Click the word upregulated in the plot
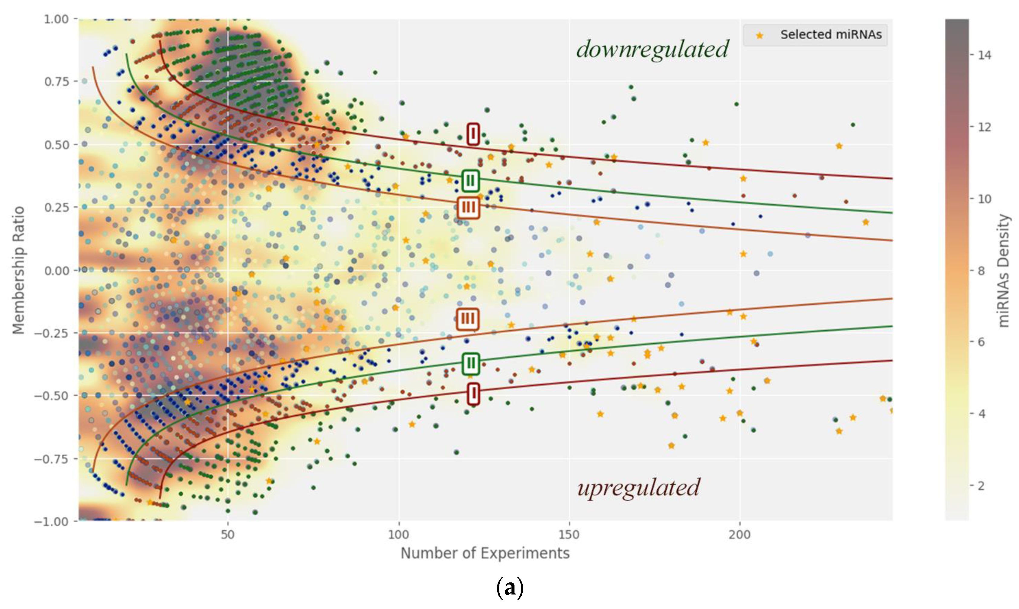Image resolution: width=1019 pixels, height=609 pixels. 638,488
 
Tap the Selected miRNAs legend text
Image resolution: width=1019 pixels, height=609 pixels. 831,35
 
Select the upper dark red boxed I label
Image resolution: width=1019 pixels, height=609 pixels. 473,134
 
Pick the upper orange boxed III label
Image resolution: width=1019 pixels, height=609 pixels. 468,208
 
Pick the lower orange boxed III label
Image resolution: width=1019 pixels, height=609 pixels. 468,319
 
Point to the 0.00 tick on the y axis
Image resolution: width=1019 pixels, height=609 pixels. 56,271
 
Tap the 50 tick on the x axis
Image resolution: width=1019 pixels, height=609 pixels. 228,535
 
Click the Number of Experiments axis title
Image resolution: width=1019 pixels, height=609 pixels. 485,553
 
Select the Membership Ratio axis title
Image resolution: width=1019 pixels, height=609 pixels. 18,270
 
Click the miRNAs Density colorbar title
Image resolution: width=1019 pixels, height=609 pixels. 1003,271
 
